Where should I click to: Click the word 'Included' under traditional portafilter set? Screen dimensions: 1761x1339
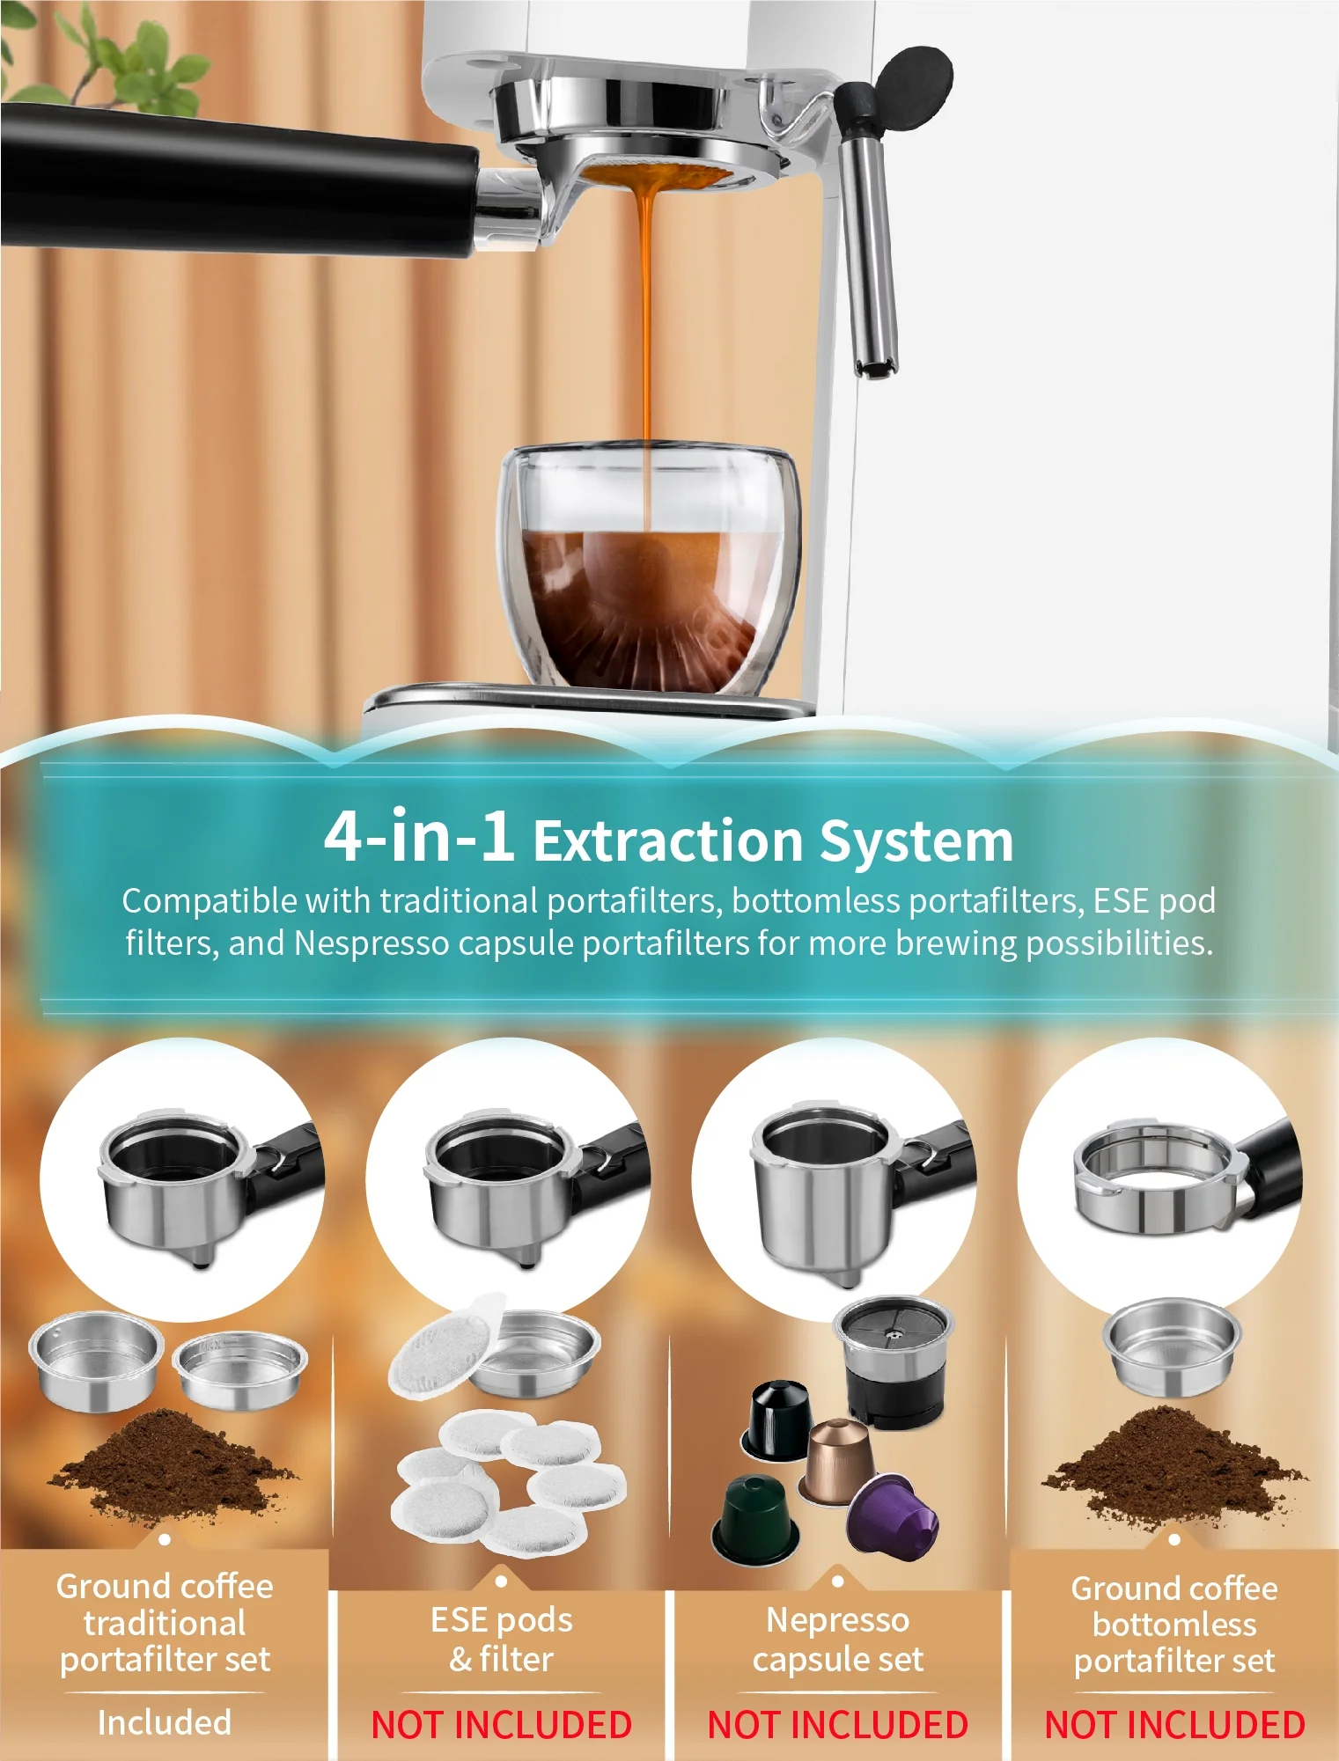click(165, 1721)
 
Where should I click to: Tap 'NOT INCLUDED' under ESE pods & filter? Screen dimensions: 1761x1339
click(501, 1724)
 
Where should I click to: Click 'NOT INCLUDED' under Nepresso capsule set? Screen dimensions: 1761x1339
click(837, 1724)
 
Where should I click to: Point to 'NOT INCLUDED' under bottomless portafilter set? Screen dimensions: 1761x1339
click(1174, 1724)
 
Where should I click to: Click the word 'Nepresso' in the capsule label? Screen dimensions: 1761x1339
click(837, 1619)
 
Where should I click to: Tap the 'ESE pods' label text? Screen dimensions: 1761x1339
click(501, 1619)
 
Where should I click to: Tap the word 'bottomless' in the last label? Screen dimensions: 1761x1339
click(1174, 1625)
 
